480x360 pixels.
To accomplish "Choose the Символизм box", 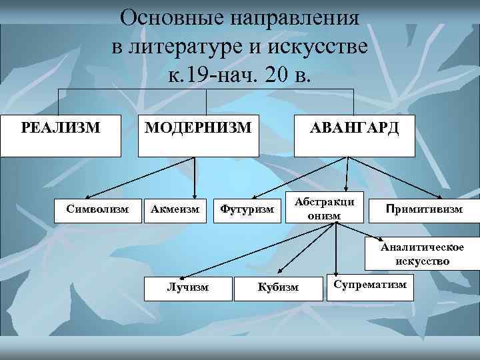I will [x=97, y=210].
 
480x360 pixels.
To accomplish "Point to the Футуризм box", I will [x=247, y=210].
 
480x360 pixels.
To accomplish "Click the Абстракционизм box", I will [x=325, y=209].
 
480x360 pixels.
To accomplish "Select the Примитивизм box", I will [x=423, y=210].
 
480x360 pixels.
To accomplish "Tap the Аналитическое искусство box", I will [x=422, y=254].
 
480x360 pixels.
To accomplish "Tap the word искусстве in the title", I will [x=319, y=47].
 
